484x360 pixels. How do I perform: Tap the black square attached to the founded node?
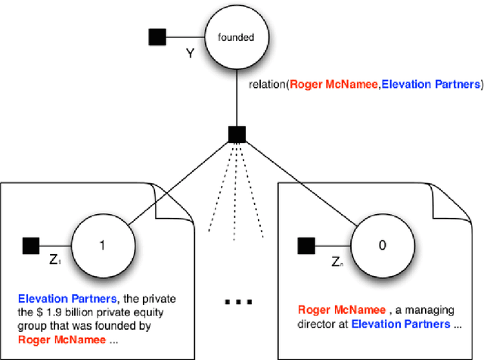tap(158, 36)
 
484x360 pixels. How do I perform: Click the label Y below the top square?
tap(189, 54)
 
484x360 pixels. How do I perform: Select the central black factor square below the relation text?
tap(235, 135)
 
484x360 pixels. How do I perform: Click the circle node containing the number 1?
tap(104, 244)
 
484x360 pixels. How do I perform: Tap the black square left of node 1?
tap(31, 244)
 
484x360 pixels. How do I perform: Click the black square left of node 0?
tap(306, 244)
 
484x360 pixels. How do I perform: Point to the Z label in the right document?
tap(336, 262)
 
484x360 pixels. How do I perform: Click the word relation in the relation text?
tap(266, 83)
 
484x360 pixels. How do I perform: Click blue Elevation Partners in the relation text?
tap(428, 83)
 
